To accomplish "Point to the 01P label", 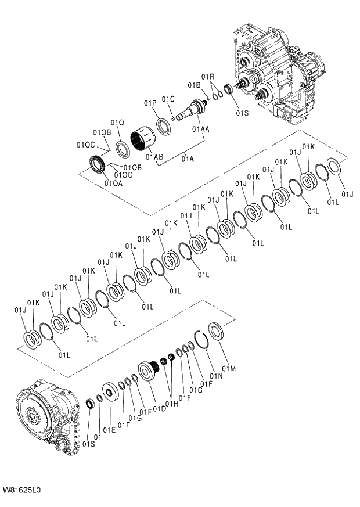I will point(150,103).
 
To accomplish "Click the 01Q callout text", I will point(117,123).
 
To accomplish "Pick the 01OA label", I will point(113,184).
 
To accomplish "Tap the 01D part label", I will point(160,408).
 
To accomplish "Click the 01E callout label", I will point(109,430).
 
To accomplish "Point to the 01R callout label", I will point(208,77).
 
